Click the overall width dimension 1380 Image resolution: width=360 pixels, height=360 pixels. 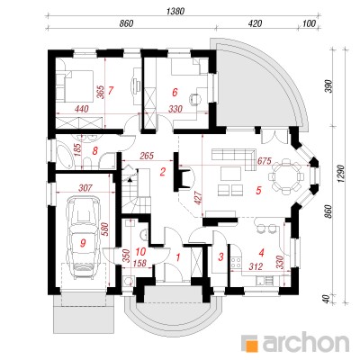pyautogui.click(x=175, y=11)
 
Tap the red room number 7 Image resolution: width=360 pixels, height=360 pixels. pyautogui.click(x=111, y=90)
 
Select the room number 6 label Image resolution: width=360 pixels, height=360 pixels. pyautogui.click(x=175, y=93)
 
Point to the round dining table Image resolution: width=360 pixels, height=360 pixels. pyautogui.click(x=284, y=175)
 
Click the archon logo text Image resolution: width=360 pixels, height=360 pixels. pyautogui.click(x=305, y=343)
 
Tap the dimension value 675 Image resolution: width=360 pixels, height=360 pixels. pyautogui.click(x=265, y=161)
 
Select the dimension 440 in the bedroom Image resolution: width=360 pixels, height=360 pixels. pyautogui.click(x=82, y=109)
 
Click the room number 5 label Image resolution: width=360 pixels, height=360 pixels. pyautogui.click(x=258, y=190)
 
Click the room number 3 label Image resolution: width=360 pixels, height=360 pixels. pyautogui.click(x=221, y=256)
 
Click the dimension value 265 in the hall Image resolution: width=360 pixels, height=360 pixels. pyautogui.click(x=147, y=156)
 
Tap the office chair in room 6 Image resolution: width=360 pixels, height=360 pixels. pyautogui.click(x=195, y=99)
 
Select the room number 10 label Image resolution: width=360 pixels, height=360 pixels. pyautogui.click(x=140, y=251)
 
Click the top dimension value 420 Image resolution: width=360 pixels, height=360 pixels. pyautogui.click(x=256, y=23)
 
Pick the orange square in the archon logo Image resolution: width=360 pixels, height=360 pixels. pyautogui.click(x=250, y=343)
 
